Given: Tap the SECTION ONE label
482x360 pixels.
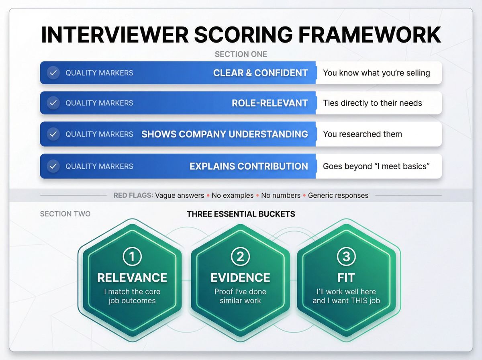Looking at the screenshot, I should click(241, 54).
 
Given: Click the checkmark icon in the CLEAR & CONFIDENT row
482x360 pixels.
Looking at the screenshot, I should click(53, 73).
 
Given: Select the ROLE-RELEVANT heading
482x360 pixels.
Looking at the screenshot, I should click(270, 103).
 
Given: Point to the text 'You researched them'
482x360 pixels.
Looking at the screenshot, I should click(362, 134).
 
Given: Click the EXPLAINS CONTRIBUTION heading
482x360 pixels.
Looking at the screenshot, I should click(249, 166).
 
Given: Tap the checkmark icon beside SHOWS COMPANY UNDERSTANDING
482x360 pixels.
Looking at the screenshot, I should click(53, 134).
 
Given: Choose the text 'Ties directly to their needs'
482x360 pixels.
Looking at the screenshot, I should click(372, 103).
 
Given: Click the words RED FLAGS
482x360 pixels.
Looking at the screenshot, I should click(133, 196).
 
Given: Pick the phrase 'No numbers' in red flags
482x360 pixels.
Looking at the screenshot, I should click(280, 196).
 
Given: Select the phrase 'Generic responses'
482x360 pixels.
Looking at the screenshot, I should click(338, 196).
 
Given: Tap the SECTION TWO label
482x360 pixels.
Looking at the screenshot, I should click(65, 214).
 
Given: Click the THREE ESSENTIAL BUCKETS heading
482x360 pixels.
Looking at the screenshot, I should click(241, 214).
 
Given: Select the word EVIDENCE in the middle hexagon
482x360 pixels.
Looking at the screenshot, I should click(240, 278).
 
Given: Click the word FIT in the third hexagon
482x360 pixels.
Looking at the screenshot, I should click(346, 278).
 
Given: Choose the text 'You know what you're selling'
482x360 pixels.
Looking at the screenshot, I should click(376, 73).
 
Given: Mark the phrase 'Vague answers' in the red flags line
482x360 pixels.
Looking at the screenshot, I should click(180, 196).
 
